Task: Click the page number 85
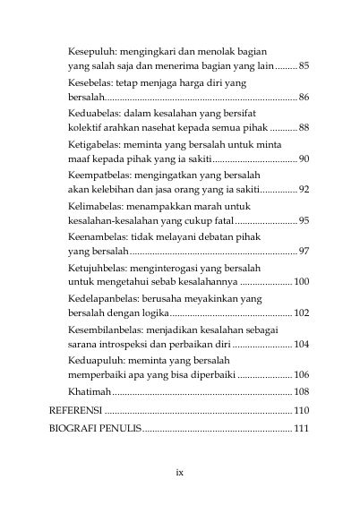(304, 66)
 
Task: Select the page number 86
(304, 97)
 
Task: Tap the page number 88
(304, 128)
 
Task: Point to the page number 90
(304, 158)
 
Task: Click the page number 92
(304, 190)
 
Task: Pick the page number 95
(304, 220)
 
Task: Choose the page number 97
(304, 251)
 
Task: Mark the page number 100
(301, 282)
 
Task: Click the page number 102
(301, 312)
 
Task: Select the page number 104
(301, 344)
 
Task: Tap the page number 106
(301, 374)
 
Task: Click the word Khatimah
(89, 392)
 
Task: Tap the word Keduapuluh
(96, 360)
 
